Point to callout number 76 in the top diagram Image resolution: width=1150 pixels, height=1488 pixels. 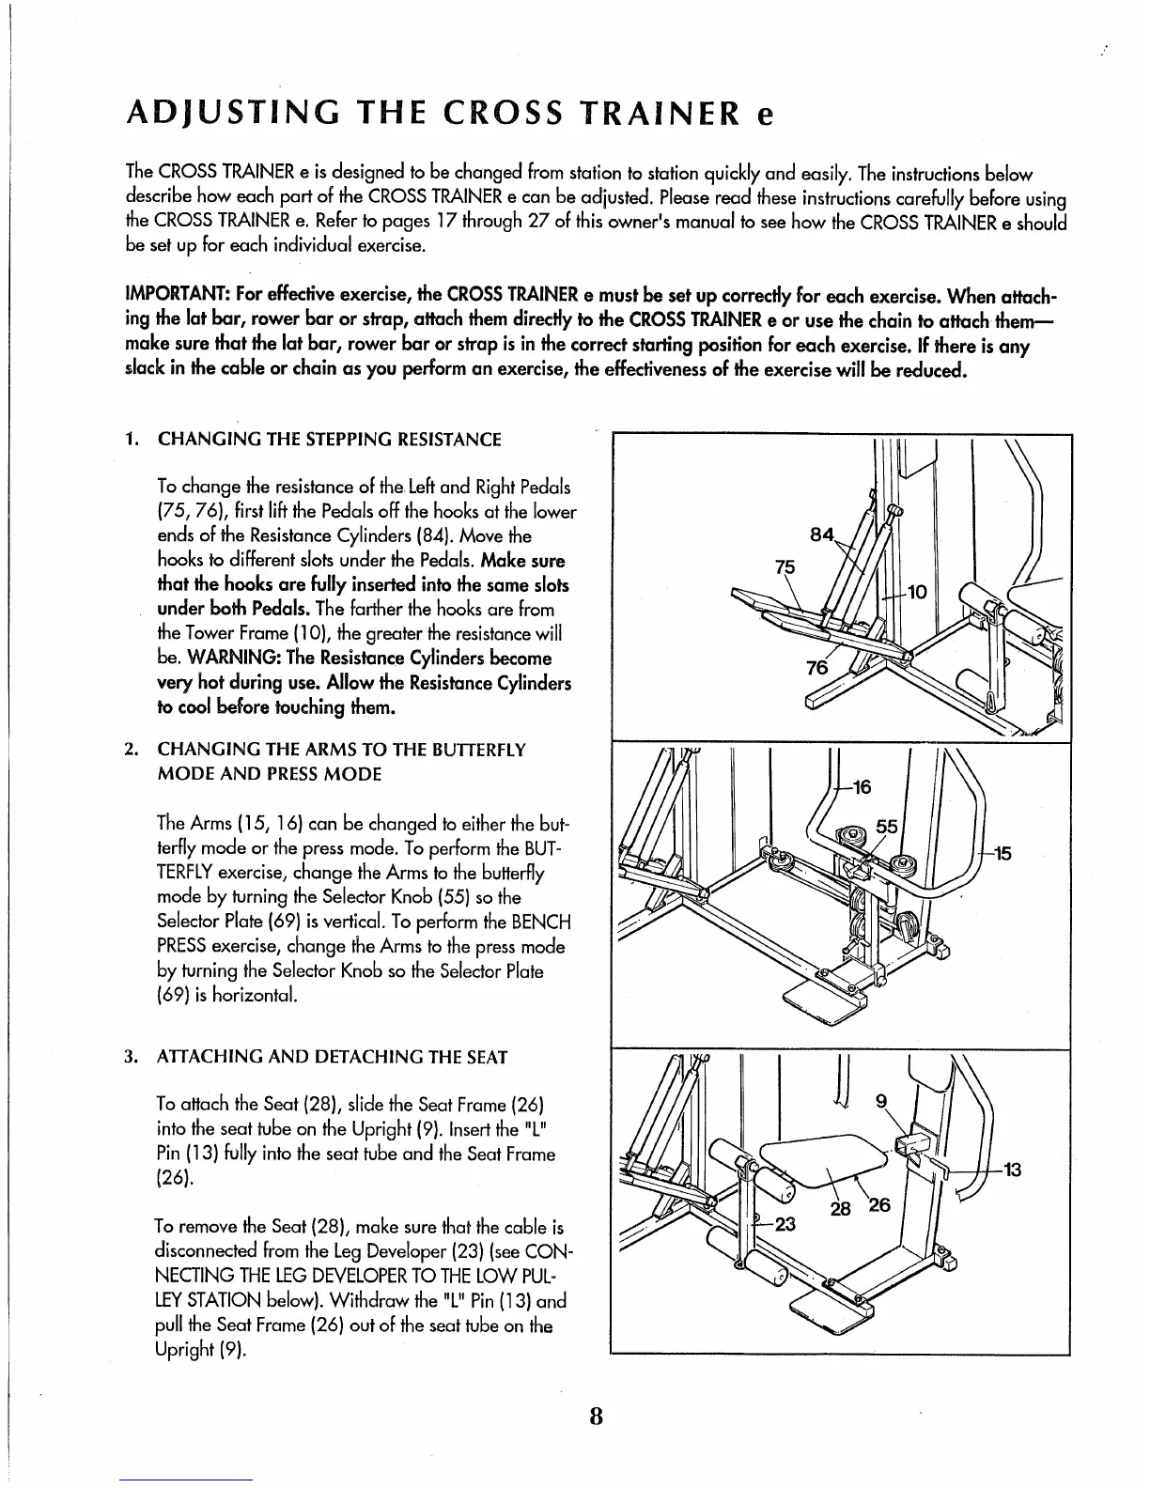[x=817, y=668]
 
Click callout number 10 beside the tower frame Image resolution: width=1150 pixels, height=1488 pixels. [x=917, y=592]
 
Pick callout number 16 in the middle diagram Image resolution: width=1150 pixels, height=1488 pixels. [x=862, y=787]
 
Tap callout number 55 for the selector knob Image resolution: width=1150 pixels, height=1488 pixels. [x=888, y=827]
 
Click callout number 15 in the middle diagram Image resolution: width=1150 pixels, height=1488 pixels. [x=1002, y=853]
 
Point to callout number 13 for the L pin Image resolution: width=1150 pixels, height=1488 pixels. [x=1013, y=1170]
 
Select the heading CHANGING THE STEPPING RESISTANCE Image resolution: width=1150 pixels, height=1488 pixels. [x=329, y=440]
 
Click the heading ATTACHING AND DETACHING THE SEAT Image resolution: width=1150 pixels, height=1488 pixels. [x=333, y=1057]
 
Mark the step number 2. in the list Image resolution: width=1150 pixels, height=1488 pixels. [x=132, y=750]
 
